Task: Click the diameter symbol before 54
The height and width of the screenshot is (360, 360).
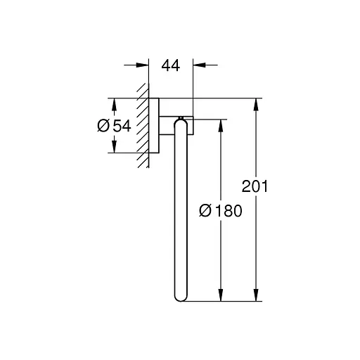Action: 103,125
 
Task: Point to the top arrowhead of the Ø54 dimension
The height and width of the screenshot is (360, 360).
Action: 113,101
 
